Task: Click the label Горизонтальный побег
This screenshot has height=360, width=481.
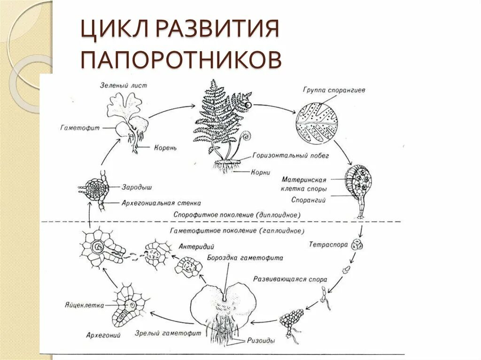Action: (290, 155)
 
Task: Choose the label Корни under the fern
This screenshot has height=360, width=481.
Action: (261, 172)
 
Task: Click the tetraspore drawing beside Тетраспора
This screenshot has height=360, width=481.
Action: (360, 245)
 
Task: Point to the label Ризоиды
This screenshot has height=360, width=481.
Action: (263, 341)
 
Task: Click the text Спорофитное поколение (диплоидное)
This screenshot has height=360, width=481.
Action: (236, 214)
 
